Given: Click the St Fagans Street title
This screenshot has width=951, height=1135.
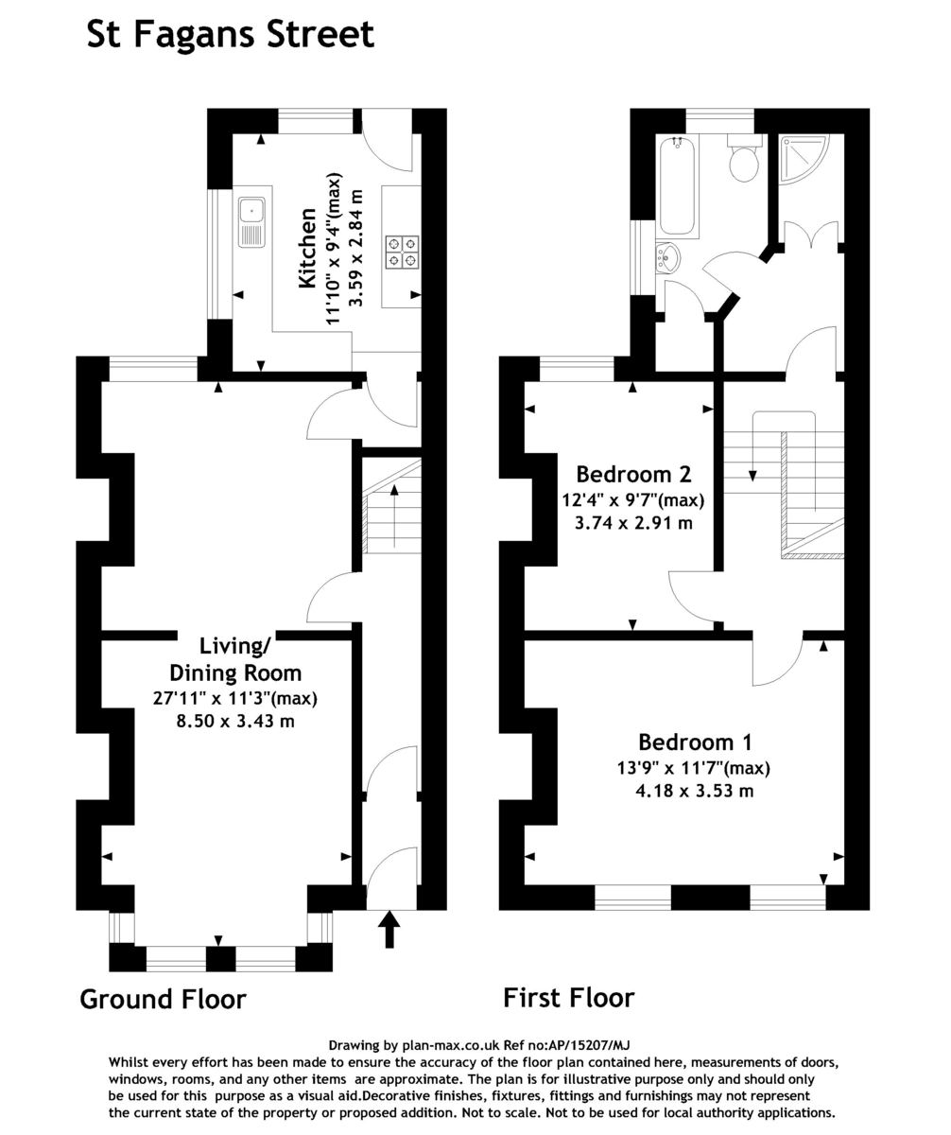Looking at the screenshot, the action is coord(230,35).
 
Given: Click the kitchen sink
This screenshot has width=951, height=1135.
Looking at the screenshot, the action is coord(251,222).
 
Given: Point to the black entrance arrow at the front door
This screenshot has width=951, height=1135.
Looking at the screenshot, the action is coord(389,928).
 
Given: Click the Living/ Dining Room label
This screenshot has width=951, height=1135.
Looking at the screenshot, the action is coord(235,659).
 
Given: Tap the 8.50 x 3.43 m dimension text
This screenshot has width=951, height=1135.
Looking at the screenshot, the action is coord(235,722).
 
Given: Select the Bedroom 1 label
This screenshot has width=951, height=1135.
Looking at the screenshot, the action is coord(695,742).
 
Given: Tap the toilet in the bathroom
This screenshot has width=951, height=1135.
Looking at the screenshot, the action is coord(745,161).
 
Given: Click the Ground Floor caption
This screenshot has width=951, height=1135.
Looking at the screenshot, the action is coord(163,999).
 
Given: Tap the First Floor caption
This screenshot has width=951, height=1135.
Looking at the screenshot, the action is coord(568,997).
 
